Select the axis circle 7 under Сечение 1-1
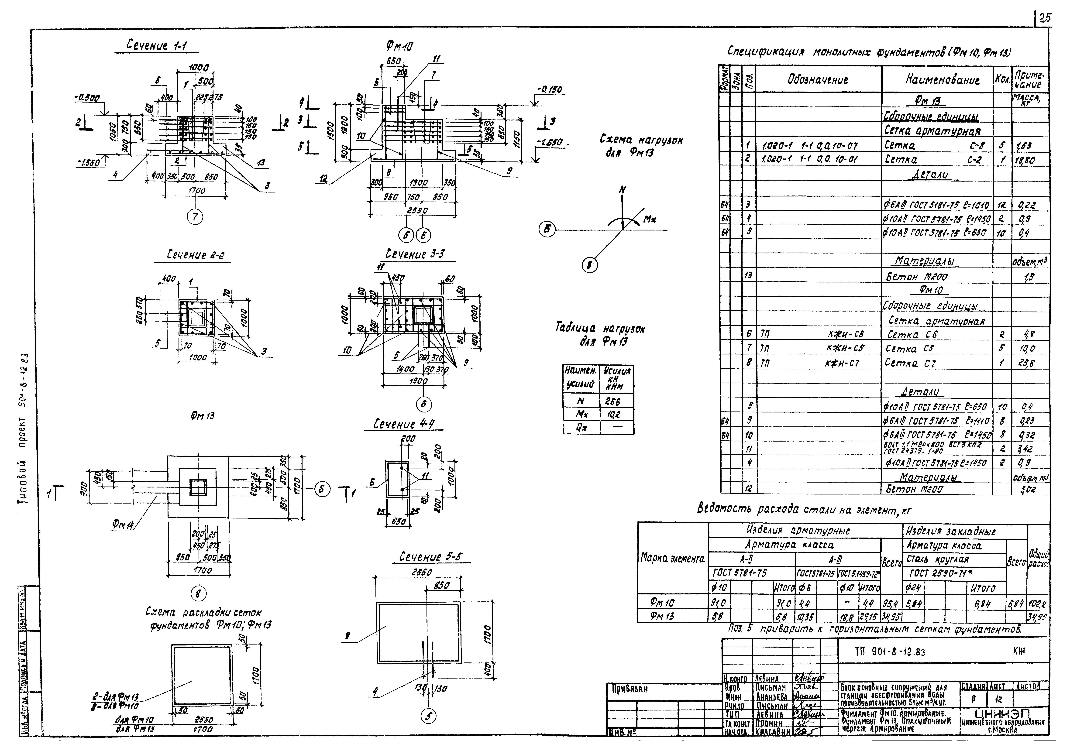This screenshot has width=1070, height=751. [x=195, y=217]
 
